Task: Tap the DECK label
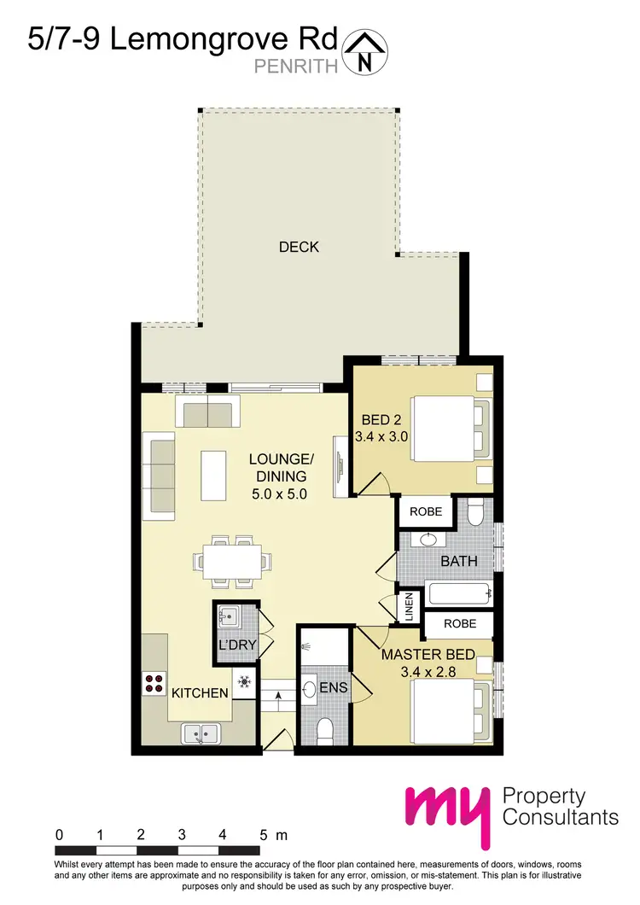point(299,248)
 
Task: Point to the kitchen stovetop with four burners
point(154,682)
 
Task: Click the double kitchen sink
point(202,732)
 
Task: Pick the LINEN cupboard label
point(410,606)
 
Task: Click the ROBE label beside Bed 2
point(426,512)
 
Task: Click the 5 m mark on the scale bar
point(264,834)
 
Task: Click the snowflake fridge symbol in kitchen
point(245,681)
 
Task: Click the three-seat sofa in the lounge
point(160,478)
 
